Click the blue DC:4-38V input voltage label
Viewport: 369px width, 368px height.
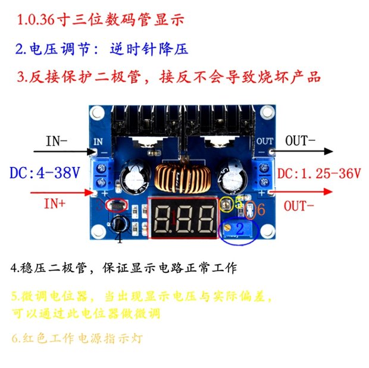point(45,174)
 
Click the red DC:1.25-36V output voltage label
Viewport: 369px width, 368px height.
point(320,174)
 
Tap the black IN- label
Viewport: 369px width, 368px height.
point(57,141)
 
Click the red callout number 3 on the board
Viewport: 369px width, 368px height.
point(101,206)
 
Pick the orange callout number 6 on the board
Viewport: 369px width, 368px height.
point(260,210)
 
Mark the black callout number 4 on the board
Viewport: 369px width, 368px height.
point(120,239)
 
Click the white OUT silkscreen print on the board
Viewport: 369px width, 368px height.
point(265,141)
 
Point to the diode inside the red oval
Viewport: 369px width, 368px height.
point(116,206)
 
